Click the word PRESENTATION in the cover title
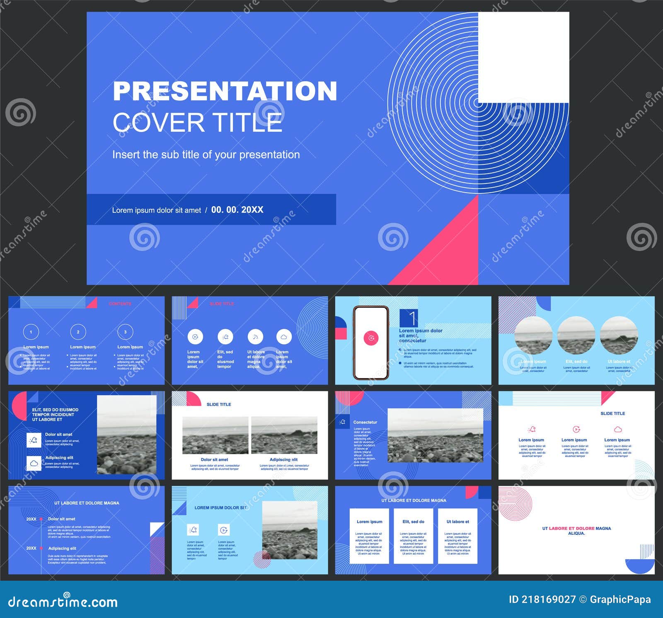click(225, 91)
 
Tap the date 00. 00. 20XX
click(237, 210)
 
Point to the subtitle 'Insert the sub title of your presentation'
click(206, 154)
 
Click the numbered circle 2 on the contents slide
click(78, 332)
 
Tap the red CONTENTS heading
click(120, 304)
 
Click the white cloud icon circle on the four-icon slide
click(284, 337)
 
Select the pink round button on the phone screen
click(371, 338)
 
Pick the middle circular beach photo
click(576, 336)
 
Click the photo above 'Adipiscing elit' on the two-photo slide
click(284, 435)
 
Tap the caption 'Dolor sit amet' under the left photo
click(214, 459)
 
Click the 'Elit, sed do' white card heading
click(413, 521)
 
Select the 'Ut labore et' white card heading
click(457, 521)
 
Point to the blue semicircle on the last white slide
click(640, 565)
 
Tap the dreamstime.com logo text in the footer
click(63, 602)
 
